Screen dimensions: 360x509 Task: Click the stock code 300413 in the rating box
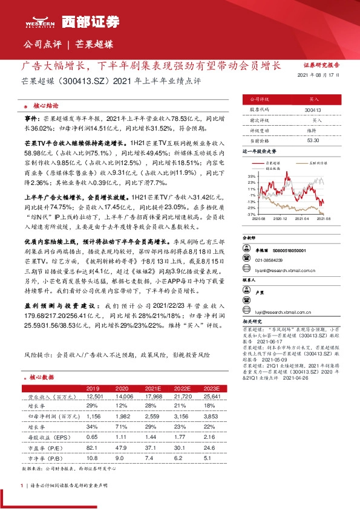(x=313, y=111)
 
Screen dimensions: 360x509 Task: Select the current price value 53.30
(x=313, y=140)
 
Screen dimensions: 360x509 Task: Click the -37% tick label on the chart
(x=251, y=214)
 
